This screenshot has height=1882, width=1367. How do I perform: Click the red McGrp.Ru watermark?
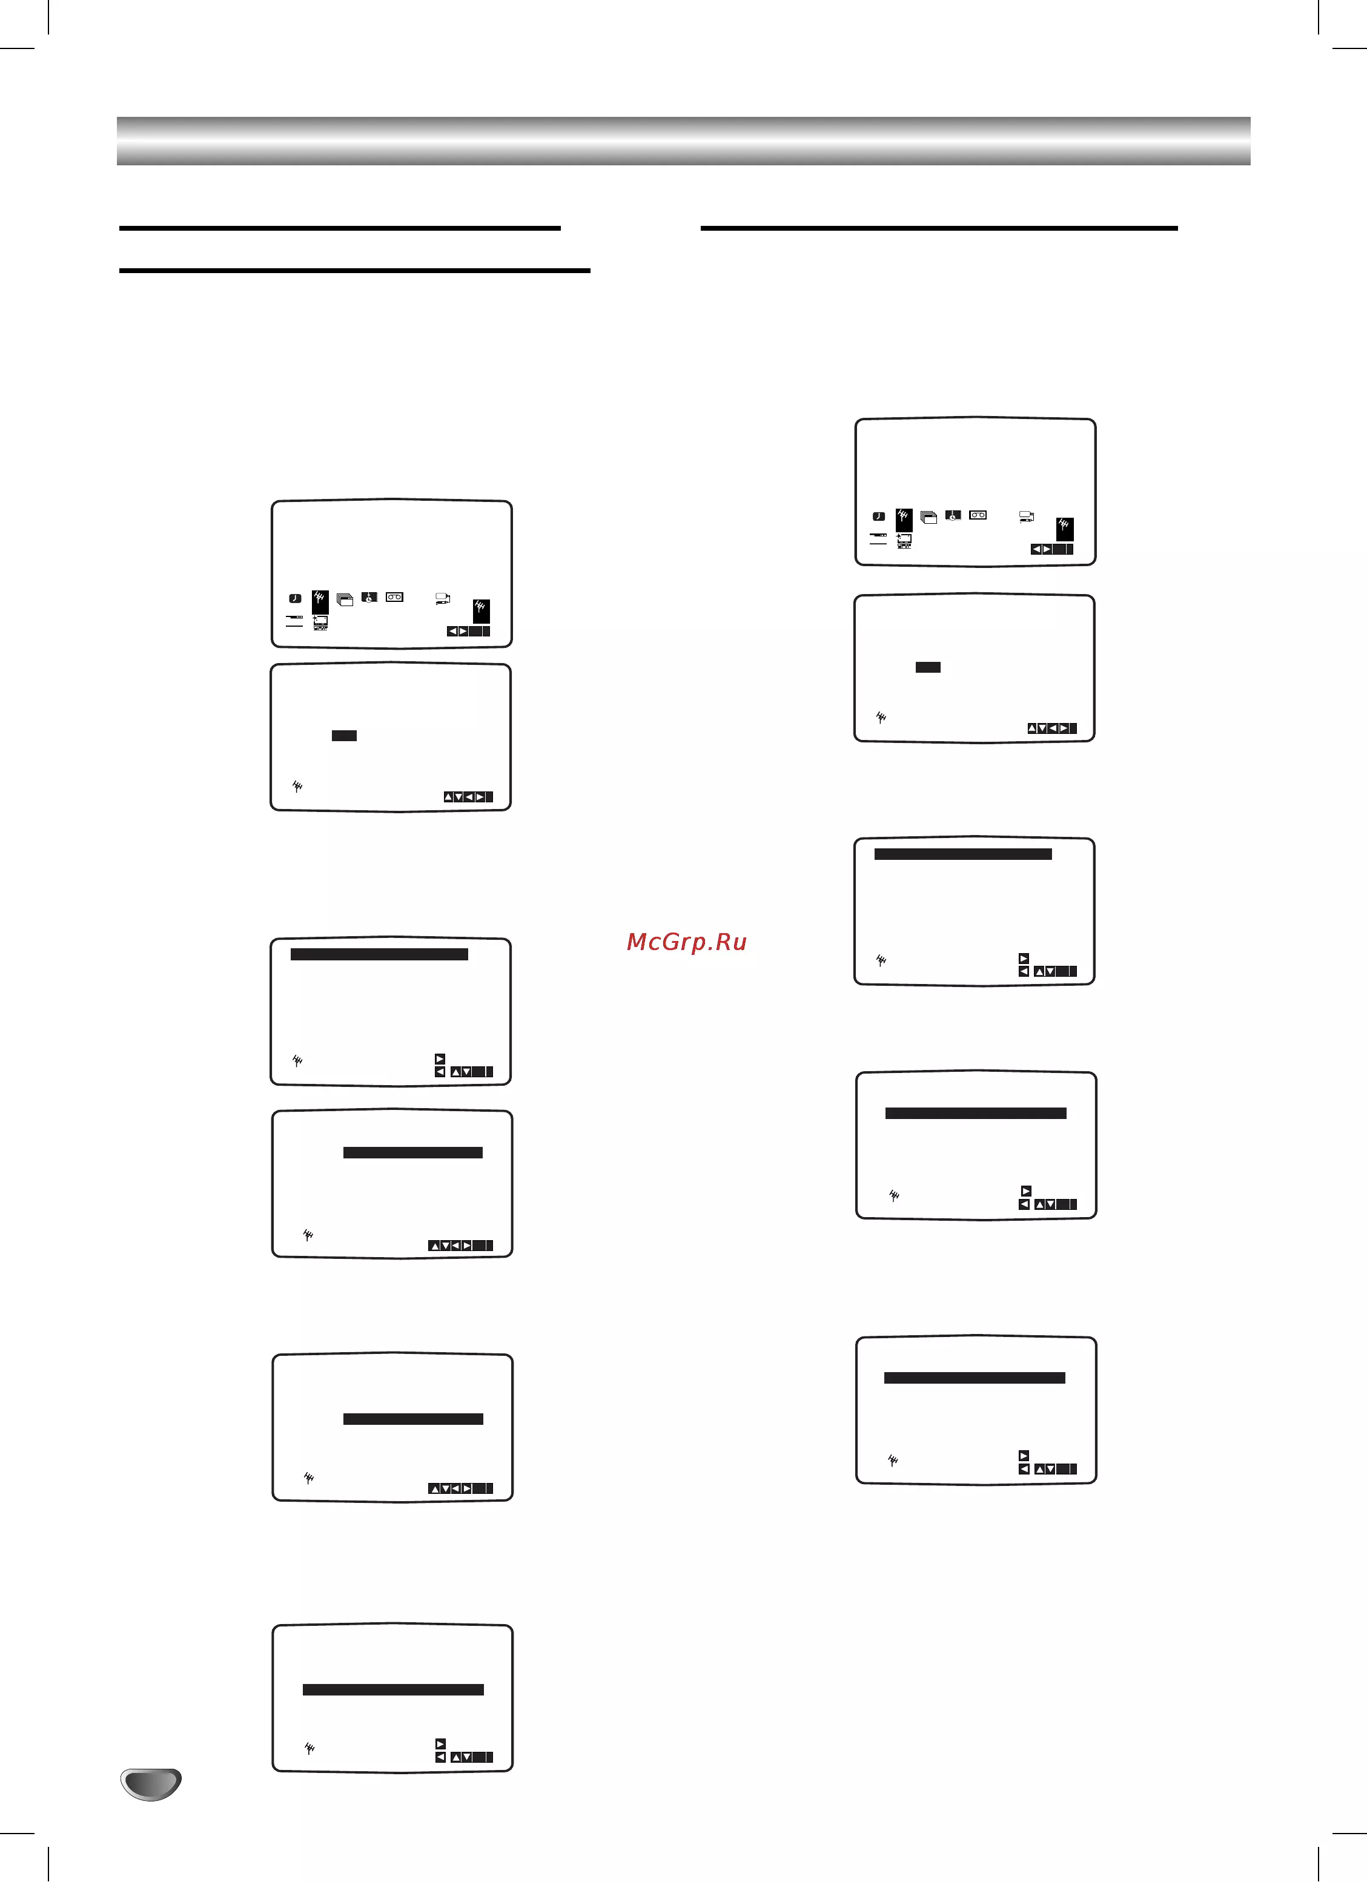point(686,941)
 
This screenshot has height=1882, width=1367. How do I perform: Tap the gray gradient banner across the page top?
point(683,141)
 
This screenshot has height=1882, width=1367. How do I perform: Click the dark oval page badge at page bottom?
point(150,1783)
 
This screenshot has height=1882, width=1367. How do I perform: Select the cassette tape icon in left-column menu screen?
point(394,596)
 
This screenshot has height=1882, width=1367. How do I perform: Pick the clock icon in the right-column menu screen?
point(878,516)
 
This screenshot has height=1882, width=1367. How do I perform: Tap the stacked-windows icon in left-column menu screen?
point(345,599)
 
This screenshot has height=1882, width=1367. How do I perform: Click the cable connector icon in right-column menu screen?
point(1027,517)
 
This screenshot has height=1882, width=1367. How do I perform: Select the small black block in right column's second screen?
point(928,667)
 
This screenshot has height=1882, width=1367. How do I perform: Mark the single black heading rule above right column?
point(939,227)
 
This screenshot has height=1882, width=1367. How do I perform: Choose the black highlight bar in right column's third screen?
point(963,854)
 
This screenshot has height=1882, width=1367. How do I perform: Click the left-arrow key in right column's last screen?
point(1024,1469)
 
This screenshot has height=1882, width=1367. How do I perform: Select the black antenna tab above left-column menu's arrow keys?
point(480,611)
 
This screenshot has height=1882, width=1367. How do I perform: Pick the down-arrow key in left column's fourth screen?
point(445,1246)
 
